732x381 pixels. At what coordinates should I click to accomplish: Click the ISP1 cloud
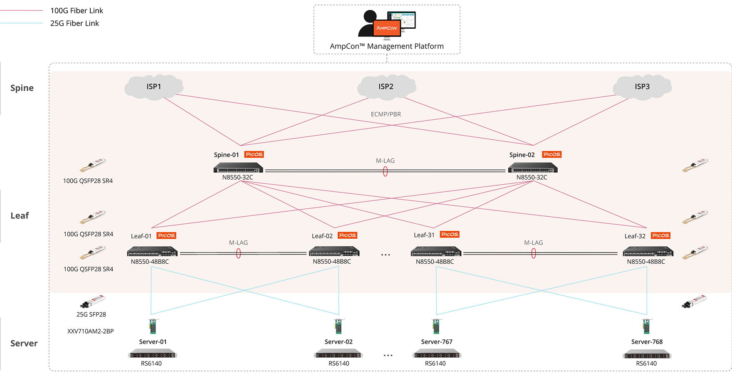[154, 87]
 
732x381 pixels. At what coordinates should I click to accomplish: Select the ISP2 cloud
[386, 87]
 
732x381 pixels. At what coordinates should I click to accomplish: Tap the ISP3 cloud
[642, 87]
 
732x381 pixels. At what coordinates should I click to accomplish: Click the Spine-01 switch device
[238, 168]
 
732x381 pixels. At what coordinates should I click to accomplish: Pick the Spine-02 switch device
[532, 168]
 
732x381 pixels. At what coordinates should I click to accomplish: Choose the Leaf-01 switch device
[152, 252]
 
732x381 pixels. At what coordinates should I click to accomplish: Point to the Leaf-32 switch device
[648, 252]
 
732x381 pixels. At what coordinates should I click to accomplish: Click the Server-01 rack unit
[152, 354]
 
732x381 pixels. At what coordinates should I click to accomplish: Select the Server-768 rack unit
[647, 354]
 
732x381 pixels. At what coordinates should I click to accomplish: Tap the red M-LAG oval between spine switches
[386, 171]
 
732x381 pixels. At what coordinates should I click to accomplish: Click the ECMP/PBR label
[386, 114]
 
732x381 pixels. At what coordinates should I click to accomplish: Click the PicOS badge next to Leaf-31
[450, 235]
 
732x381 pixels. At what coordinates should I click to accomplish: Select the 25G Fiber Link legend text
[74, 23]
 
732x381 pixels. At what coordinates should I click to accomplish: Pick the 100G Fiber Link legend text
[77, 11]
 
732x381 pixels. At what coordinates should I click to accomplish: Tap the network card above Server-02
[339, 326]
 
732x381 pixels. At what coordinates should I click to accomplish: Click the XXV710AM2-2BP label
[91, 332]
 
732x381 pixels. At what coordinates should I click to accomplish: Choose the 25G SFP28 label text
[91, 314]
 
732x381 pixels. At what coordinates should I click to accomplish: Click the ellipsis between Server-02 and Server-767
[388, 356]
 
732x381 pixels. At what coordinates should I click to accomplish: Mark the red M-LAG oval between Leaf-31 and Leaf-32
[534, 254]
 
